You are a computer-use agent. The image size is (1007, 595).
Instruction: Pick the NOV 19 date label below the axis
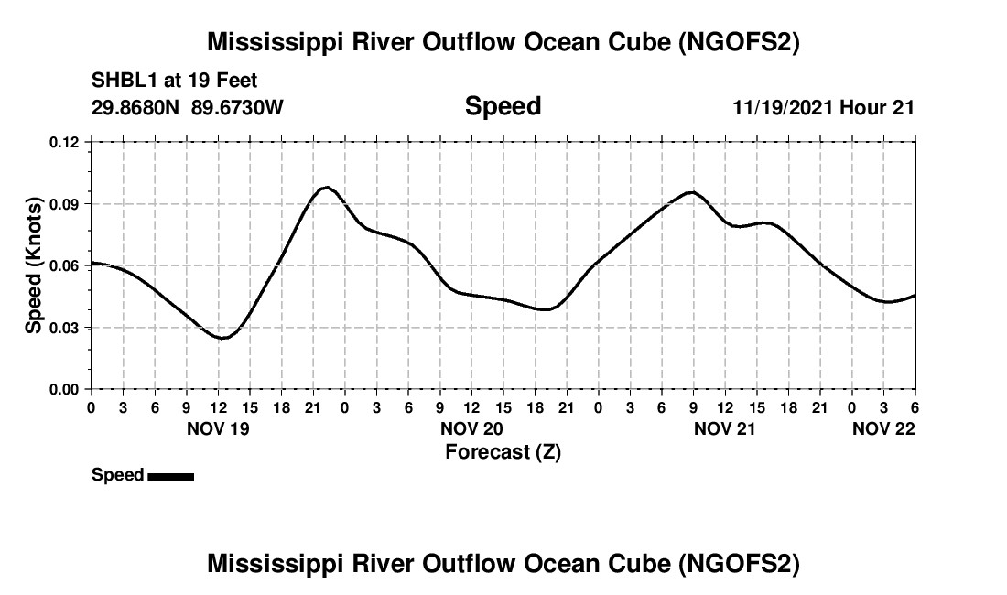[x=218, y=428]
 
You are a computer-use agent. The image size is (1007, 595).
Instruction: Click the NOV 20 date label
[x=471, y=428]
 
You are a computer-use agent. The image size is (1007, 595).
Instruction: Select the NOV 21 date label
[x=725, y=428]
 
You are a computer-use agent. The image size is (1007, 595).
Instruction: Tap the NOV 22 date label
[x=883, y=428]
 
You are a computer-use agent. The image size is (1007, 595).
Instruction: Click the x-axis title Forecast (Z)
[x=503, y=451]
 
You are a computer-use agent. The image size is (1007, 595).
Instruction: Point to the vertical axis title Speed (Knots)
[x=34, y=265]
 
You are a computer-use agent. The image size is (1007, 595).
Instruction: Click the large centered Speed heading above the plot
[x=503, y=106]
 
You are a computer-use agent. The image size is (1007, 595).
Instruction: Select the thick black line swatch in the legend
[x=170, y=476]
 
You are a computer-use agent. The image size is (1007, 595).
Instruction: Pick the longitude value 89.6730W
[x=237, y=107]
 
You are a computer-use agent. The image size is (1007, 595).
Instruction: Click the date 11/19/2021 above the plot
[x=783, y=107]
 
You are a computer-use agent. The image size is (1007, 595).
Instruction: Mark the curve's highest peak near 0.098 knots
[x=327, y=188]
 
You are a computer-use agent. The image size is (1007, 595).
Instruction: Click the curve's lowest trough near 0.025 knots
[x=222, y=338]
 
